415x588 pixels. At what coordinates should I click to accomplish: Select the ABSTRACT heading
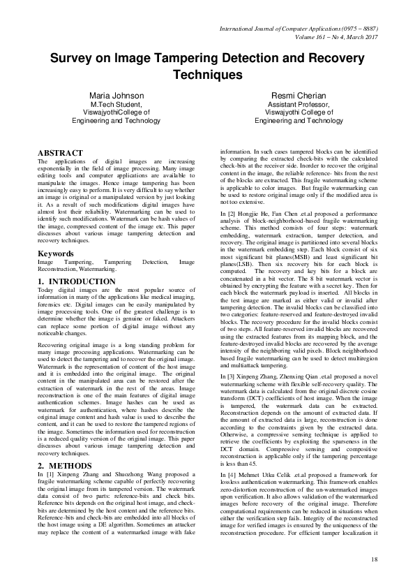60,152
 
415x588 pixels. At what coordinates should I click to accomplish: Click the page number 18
374,559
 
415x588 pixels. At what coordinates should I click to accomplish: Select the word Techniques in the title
207,73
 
